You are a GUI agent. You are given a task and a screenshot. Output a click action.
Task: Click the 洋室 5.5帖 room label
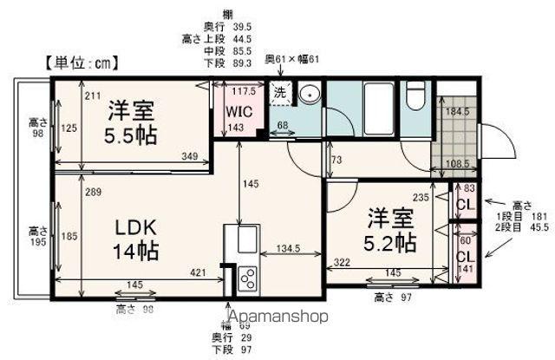[132, 123]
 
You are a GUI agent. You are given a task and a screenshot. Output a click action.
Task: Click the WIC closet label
[239, 111]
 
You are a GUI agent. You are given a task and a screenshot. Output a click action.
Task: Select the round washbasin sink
[310, 95]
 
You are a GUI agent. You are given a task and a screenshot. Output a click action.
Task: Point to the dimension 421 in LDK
[199, 272]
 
